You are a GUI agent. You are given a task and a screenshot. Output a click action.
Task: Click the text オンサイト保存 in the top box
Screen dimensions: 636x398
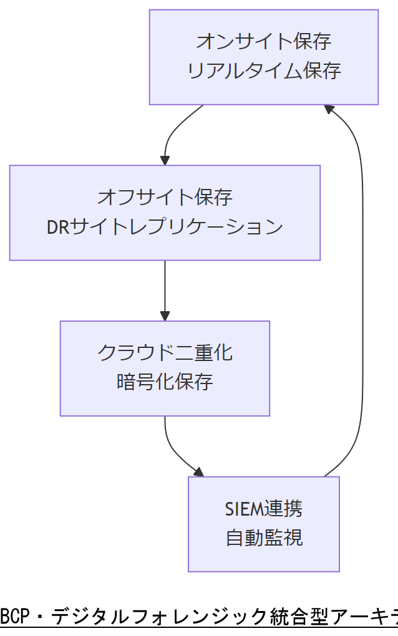(263, 42)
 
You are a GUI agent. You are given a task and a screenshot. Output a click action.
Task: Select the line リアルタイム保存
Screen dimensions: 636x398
(263, 71)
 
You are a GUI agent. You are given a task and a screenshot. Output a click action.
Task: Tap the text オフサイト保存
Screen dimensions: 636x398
(165, 198)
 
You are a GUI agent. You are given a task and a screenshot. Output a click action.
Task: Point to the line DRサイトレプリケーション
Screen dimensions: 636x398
(165, 227)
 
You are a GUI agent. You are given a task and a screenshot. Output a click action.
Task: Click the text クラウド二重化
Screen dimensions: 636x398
(165, 353)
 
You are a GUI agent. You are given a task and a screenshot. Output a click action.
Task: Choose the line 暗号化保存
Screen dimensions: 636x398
(165, 382)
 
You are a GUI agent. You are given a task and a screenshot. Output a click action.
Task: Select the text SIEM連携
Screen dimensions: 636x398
(264, 509)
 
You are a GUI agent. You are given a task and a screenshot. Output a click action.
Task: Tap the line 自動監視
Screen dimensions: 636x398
(264, 537)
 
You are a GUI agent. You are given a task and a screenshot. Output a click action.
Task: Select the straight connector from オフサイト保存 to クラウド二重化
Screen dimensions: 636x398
(165, 287)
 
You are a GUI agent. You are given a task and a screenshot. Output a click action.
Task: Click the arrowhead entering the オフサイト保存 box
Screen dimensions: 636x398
(165, 160)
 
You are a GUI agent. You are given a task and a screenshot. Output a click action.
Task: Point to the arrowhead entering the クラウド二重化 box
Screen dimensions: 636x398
(165, 316)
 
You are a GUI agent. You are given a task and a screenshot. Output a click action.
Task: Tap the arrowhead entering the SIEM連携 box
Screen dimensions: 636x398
(198, 472)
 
